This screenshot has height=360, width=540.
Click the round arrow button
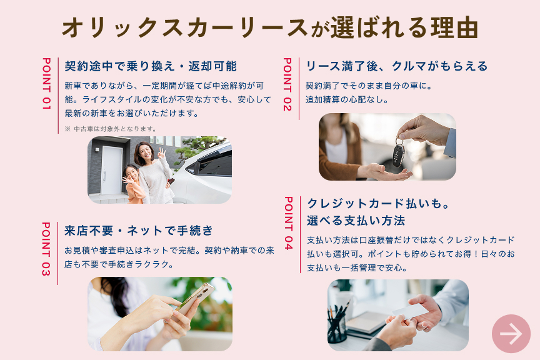(x=511, y=334)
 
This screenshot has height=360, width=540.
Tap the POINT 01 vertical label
(x=46, y=84)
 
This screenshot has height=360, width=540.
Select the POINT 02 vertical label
(x=287, y=84)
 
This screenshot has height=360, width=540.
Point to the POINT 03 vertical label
(x=46, y=249)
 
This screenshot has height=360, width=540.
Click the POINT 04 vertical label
(x=289, y=223)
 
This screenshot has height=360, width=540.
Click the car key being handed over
(x=399, y=154)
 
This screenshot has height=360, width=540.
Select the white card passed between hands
(x=411, y=311)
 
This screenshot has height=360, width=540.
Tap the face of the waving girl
(x=132, y=174)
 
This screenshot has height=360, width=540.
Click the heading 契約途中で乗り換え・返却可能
(x=151, y=66)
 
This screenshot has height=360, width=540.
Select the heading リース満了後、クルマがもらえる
(x=397, y=66)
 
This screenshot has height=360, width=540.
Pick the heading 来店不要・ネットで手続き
(x=139, y=231)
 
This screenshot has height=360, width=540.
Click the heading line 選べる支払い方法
(x=356, y=221)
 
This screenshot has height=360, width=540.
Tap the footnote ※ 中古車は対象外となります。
(x=111, y=129)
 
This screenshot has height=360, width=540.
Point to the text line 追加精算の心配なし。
(x=347, y=99)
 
